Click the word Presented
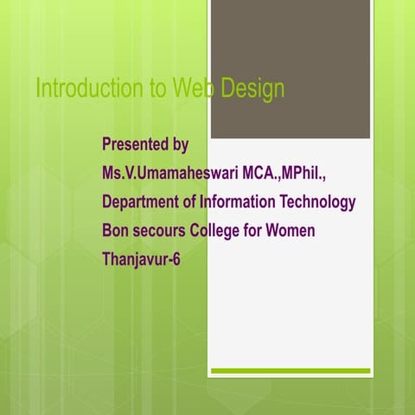point(136,144)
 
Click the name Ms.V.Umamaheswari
point(169,173)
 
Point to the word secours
point(156,231)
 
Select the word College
point(214,231)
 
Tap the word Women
point(290,231)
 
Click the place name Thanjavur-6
point(141,259)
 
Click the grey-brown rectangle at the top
point(290,69)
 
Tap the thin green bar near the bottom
point(290,371)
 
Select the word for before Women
point(253,231)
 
